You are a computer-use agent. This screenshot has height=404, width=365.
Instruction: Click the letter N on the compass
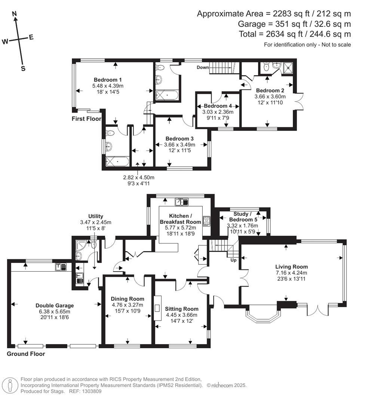(15, 14)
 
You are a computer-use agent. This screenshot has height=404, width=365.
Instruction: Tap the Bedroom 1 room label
(108, 80)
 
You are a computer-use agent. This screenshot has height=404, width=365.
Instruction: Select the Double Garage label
(55, 305)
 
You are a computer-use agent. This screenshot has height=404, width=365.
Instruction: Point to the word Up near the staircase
(234, 260)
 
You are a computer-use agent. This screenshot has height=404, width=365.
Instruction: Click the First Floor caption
(86, 119)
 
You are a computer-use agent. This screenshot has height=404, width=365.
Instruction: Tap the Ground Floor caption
(26, 354)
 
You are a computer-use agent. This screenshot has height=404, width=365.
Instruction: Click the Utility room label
(96, 216)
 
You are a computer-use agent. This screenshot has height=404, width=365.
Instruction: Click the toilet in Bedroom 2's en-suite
(266, 67)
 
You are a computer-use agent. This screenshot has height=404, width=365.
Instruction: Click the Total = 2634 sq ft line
(295, 34)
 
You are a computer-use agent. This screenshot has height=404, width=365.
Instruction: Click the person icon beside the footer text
(10, 385)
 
